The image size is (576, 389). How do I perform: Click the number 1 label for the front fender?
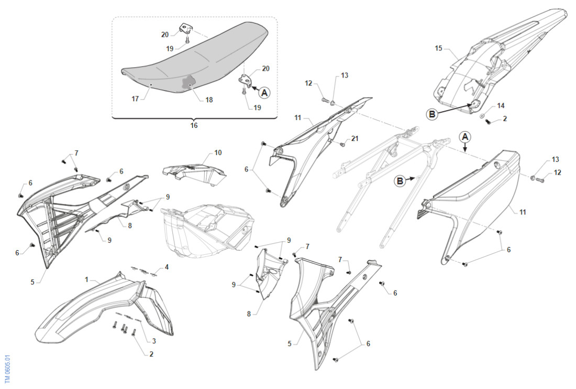click(87, 280)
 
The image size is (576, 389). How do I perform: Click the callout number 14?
click(501, 105)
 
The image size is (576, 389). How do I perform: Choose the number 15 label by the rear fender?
click(439, 48)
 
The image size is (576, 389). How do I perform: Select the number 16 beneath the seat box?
click(194, 126)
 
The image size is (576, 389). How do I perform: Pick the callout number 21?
click(356, 138)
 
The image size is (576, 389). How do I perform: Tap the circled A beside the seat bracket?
click(264, 92)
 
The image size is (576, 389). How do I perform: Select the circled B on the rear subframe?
click(400, 181)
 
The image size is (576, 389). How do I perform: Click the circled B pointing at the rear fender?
click(433, 113)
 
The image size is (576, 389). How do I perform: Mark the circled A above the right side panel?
click(466, 136)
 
